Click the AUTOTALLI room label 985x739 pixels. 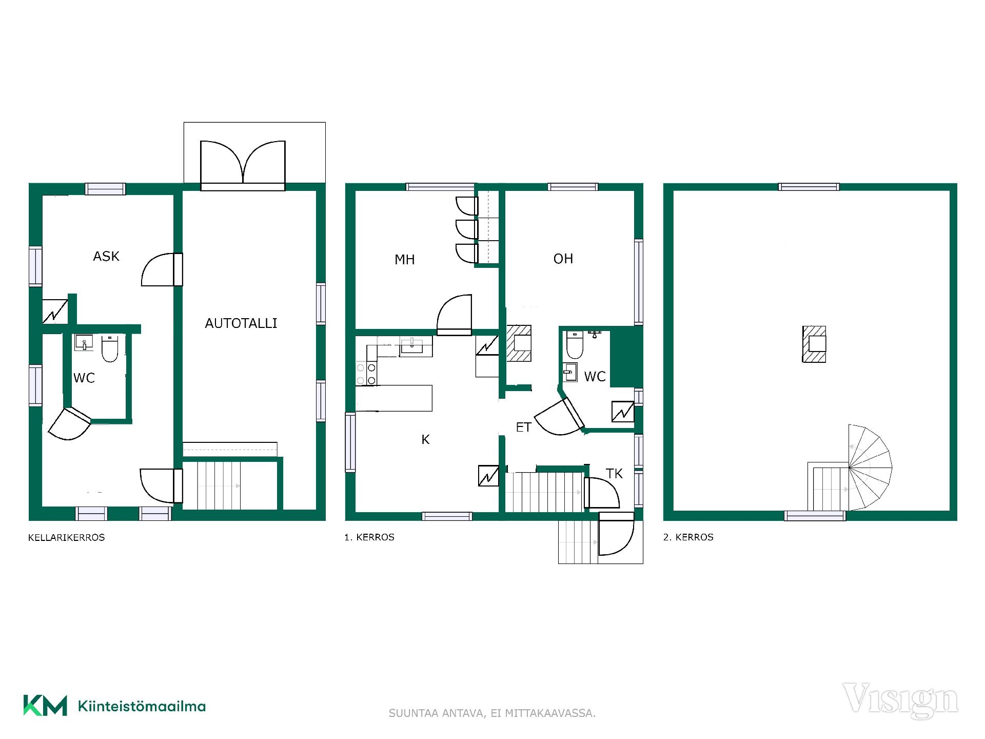pos(241,323)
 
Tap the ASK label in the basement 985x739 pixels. pos(106,256)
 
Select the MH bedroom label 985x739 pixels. pos(404,260)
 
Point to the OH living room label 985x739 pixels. pos(563,259)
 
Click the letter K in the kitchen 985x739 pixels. pos(425,439)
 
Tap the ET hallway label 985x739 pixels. pos(523,427)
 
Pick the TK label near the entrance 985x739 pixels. pos(614,473)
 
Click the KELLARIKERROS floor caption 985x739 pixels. pos(66,537)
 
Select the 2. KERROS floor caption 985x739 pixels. pos(688,537)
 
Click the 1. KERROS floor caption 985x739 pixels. pos(369,537)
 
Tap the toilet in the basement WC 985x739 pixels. pos(110,348)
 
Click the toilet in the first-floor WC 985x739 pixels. pos(575,345)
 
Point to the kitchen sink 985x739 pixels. pos(411,346)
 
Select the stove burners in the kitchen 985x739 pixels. pos(366,373)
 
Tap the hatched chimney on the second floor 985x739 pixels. pos(814,344)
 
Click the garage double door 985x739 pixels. pos(243,165)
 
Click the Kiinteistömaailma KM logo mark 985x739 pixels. pos(45,706)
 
